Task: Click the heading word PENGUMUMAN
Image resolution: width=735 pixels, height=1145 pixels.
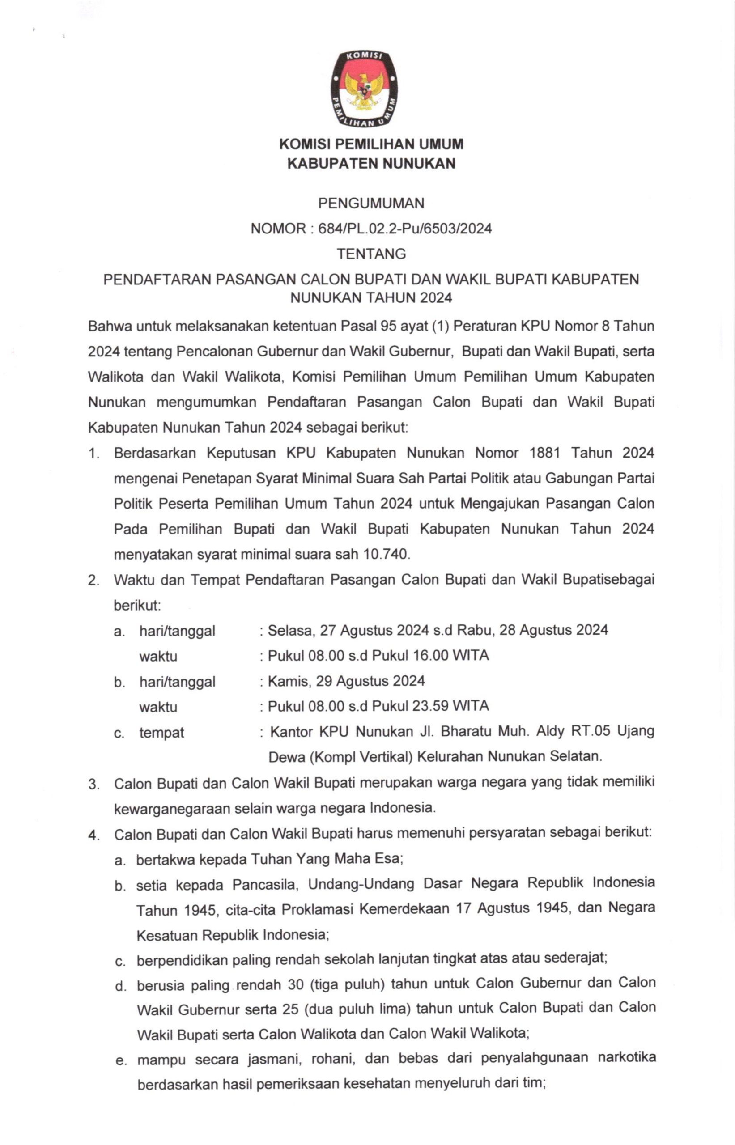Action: tap(371, 204)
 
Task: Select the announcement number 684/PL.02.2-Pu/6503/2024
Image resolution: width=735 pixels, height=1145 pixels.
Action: tap(401, 229)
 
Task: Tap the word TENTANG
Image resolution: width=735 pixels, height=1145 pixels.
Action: tap(371, 254)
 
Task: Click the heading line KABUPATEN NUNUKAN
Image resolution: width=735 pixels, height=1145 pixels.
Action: tap(371, 164)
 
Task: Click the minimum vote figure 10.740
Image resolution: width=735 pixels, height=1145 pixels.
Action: tap(386, 554)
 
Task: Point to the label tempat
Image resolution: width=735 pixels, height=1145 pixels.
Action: tap(161, 733)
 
